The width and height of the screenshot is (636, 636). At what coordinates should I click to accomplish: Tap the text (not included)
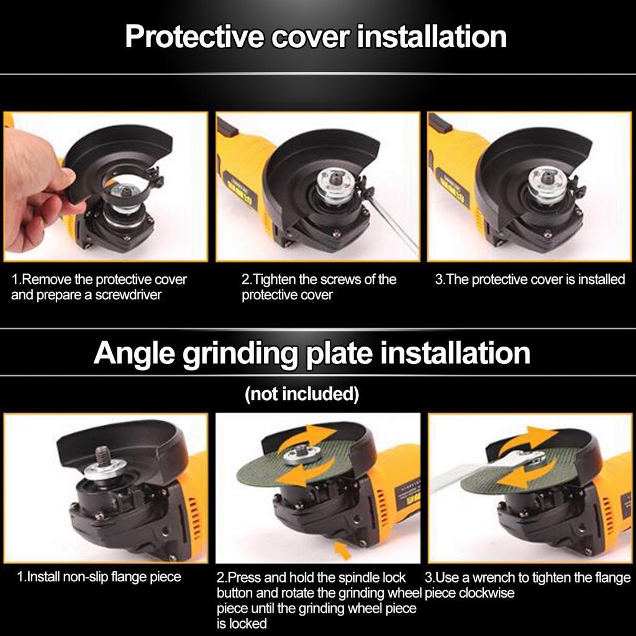click(x=301, y=394)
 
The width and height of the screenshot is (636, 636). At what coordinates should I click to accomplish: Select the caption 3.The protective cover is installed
click(x=529, y=279)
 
